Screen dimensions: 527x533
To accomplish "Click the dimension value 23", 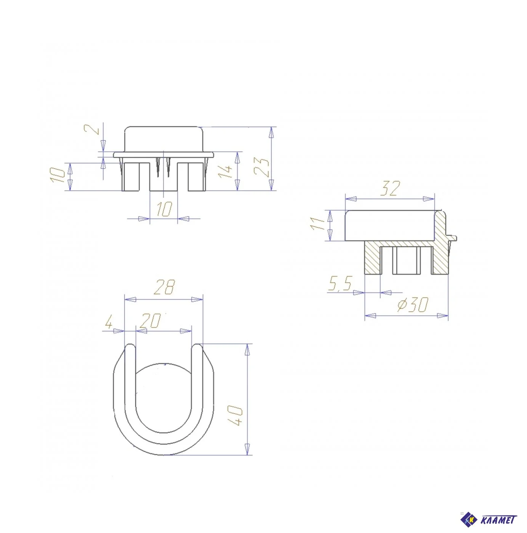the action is tap(261, 167).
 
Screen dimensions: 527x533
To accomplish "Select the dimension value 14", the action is tap(224, 172).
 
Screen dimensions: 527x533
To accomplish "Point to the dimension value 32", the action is tap(390, 188).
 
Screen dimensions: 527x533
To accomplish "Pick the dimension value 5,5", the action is tap(340, 284).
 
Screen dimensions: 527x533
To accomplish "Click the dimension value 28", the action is tap(165, 287).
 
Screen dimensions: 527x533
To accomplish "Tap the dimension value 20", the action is tap(151, 320).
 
